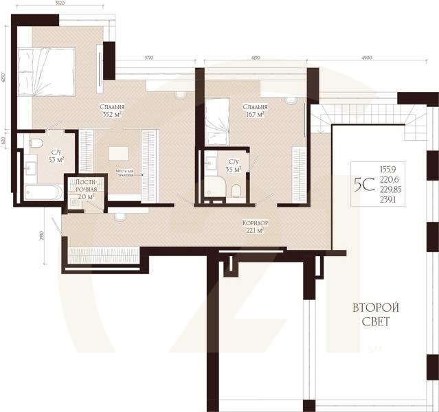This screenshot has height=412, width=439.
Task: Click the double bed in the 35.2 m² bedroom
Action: pyautogui.click(x=46, y=71)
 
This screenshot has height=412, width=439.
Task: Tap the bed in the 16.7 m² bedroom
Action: pyautogui.click(x=218, y=114)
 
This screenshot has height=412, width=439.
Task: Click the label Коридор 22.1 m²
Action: pyautogui.click(x=255, y=227)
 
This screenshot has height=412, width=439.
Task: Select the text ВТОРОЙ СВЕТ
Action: pyautogui.click(x=375, y=314)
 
